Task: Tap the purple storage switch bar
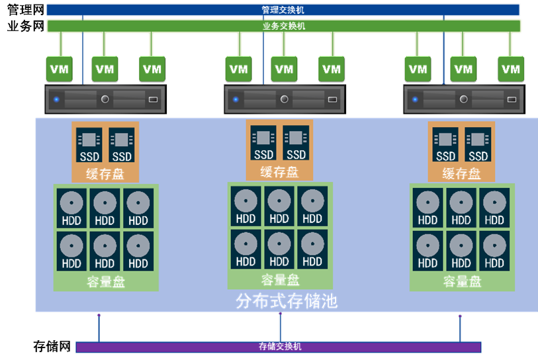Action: (278, 347)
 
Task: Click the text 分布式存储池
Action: (287, 302)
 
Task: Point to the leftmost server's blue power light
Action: (57, 100)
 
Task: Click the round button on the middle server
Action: (285, 99)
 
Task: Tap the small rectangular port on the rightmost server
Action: (512, 100)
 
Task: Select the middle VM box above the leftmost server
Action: (105, 68)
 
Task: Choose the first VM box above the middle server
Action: (238, 68)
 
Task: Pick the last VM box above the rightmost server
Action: (511, 68)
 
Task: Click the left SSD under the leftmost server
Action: (89, 145)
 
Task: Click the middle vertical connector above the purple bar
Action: (280, 326)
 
